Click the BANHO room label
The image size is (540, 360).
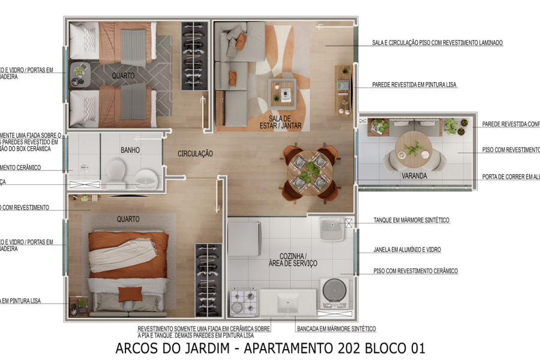click(130, 150)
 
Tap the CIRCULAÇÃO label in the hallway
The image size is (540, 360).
click(195, 154)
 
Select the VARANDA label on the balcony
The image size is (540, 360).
click(414, 176)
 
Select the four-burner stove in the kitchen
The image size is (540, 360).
click(243, 302)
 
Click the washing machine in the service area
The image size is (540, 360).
click(335, 292)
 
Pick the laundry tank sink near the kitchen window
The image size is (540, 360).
click(331, 229)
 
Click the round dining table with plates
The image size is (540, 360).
click(310, 172)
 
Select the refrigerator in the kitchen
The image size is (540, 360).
click(244, 239)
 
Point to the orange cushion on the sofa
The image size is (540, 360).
click(241, 41)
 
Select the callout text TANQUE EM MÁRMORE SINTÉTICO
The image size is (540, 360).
click(411, 220)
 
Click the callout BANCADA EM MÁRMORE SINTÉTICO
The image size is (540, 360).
click(336, 329)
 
